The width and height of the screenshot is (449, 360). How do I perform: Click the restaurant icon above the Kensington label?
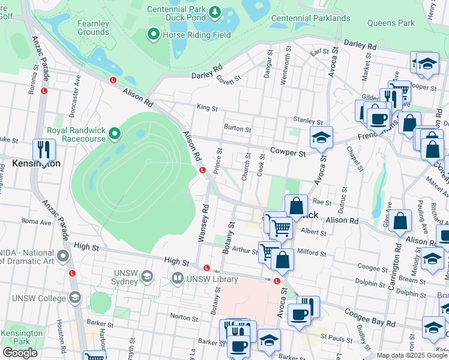point(44,149)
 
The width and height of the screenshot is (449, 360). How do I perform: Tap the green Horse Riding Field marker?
point(154,35)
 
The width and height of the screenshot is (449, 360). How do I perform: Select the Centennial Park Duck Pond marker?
point(214,12)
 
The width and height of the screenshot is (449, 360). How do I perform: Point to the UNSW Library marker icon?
point(177,278)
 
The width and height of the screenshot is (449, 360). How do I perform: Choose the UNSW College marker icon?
point(74,298)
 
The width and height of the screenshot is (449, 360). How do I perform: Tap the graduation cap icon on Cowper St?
point(321,137)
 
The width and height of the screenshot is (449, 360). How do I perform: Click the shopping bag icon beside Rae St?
point(297,206)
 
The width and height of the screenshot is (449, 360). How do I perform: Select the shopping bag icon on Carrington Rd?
point(400,221)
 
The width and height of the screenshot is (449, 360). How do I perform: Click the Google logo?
point(20,353)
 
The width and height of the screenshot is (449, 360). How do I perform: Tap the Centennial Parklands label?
point(310,18)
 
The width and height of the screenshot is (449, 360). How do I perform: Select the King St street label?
point(207,107)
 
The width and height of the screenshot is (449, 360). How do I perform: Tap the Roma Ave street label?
point(37,221)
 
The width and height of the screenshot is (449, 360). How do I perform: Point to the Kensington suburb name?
point(36,163)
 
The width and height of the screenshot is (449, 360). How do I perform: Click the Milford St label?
point(312,253)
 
